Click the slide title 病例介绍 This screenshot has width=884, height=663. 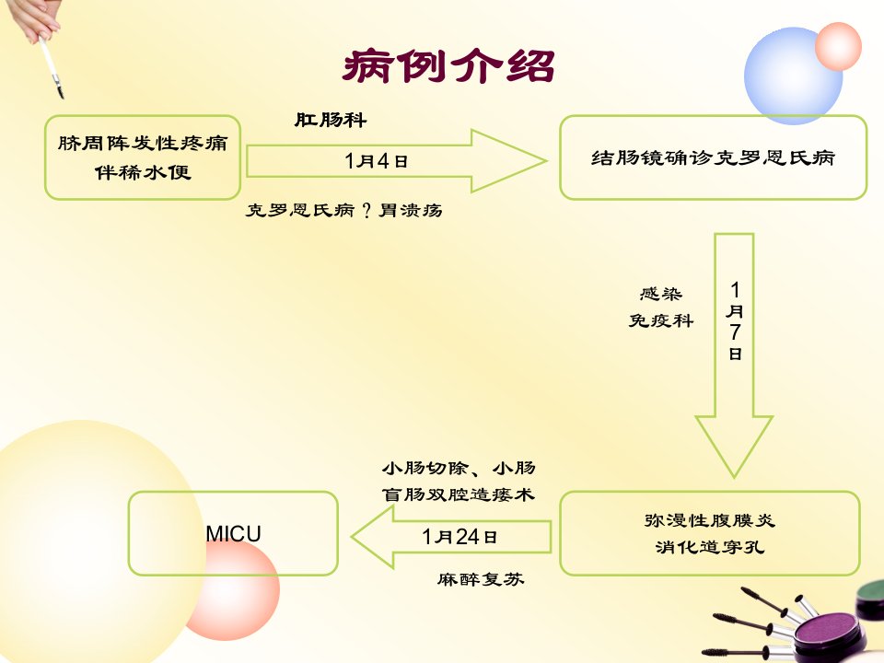click(x=448, y=66)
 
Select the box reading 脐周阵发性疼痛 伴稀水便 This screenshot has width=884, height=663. click(x=143, y=157)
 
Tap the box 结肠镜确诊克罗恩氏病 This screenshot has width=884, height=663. click(x=713, y=157)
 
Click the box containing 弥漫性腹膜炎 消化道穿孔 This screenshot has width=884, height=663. click(x=710, y=533)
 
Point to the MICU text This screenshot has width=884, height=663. click(x=233, y=533)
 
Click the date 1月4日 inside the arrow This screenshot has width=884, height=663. click(x=376, y=161)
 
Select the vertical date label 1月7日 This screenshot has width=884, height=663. click(x=735, y=320)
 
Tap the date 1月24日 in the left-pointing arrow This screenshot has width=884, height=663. click(x=459, y=537)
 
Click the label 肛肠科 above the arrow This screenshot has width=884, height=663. click(x=331, y=120)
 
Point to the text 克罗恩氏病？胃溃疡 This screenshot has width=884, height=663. click(x=343, y=210)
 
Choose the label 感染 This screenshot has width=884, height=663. click(x=661, y=294)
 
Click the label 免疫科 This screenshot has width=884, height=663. click(x=661, y=320)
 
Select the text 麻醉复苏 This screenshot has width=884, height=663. click(x=481, y=579)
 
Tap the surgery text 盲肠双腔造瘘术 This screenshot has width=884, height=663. click(x=458, y=494)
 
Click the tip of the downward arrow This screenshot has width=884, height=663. click(x=734, y=478)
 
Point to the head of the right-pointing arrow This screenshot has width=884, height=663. click(x=546, y=160)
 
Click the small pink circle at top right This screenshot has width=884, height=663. click(x=838, y=46)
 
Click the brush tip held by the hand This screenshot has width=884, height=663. click(x=61, y=92)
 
